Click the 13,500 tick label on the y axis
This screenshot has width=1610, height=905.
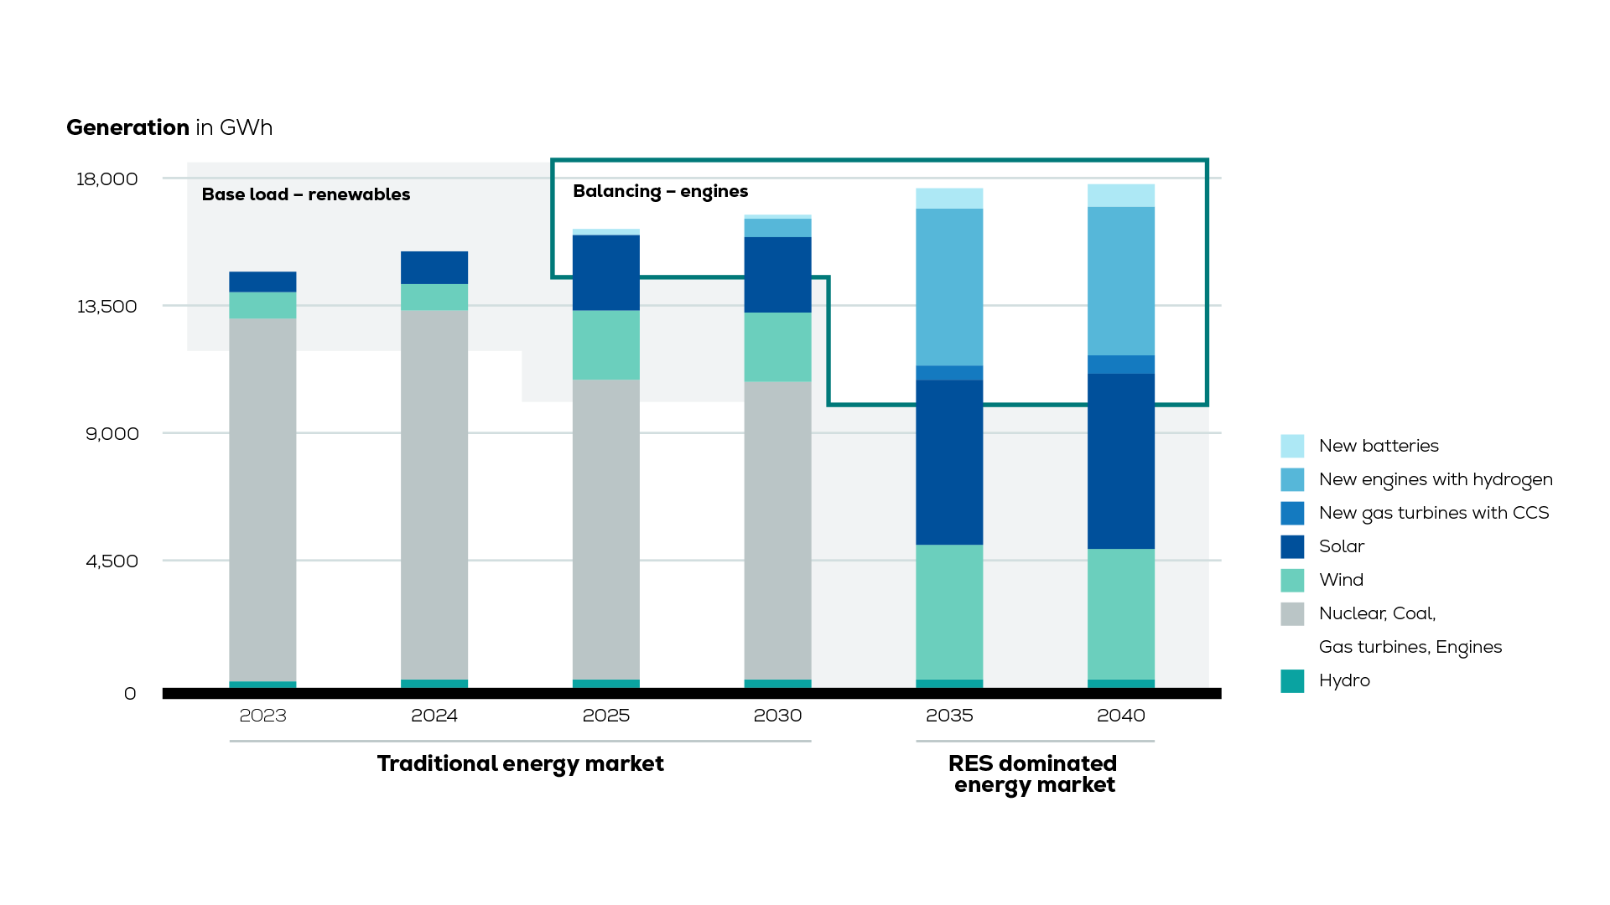click(106, 307)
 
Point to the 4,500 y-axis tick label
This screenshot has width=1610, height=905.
click(112, 561)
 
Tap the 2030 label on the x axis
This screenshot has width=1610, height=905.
click(777, 716)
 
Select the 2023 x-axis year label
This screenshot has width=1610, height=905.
click(262, 716)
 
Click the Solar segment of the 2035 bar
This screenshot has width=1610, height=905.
click(949, 463)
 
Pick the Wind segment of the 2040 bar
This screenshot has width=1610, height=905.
click(1120, 613)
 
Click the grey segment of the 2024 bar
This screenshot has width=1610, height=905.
click(434, 494)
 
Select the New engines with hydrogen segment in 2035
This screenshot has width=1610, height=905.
click(949, 287)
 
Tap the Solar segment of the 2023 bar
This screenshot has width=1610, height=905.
click(262, 282)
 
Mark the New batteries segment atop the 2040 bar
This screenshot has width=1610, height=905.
click(1120, 195)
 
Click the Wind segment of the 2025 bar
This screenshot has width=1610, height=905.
click(605, 344)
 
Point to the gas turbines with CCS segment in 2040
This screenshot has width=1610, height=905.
click(1120, 365)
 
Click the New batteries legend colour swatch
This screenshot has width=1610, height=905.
click(1292, 446)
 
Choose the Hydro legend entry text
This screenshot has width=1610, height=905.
click(1344, 680)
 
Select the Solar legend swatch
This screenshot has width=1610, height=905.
click(1292, 546)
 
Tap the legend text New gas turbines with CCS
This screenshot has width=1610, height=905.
click(1433, 513)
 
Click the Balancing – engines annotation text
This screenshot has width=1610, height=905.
click(660, 191)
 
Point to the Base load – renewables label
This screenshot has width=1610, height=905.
click(306, 194)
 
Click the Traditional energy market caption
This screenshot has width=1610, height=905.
click(520, 763)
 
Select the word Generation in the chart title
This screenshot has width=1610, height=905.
click(127, 127)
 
